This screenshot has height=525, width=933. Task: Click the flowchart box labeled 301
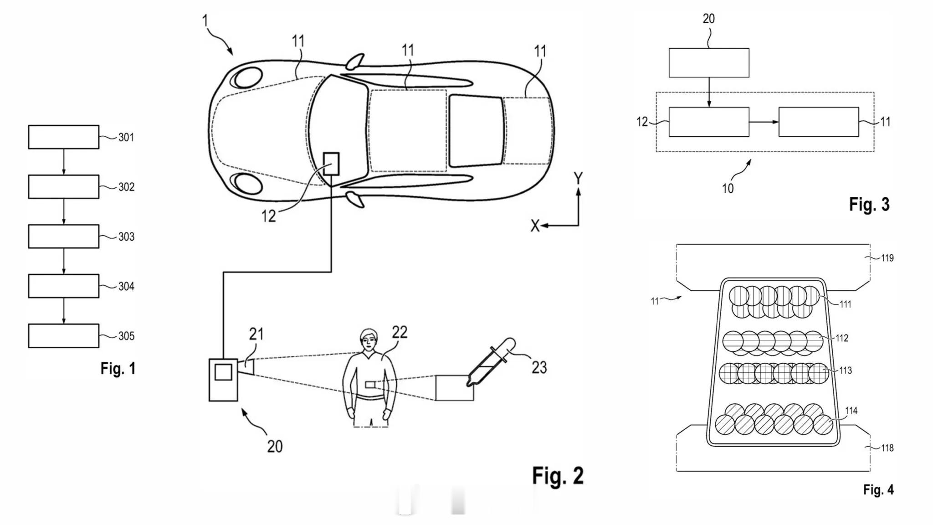[64, 137]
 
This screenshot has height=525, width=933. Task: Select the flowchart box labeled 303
[64, 237]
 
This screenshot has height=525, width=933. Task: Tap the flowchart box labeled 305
[64, 336]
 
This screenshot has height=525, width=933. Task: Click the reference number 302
[126, 187]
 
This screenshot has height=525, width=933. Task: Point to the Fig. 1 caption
[118, 368]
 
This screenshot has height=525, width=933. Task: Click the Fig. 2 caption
[558, 476]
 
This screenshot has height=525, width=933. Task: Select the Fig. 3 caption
[869, 204]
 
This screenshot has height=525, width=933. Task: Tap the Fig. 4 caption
[878, 490]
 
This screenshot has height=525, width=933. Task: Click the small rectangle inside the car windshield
[331, 164]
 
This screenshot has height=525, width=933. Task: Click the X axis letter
[535, 226]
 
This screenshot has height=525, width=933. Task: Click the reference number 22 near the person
[400, 332]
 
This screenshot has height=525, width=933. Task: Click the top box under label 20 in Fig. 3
[709, 63]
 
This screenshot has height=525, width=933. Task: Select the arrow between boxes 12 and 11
[764, 122]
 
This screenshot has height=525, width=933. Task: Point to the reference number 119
[887, 258]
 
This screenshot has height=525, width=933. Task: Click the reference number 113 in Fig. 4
[845, 371]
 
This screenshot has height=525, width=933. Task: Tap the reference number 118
[887, 448]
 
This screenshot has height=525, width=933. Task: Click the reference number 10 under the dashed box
[728, 189]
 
